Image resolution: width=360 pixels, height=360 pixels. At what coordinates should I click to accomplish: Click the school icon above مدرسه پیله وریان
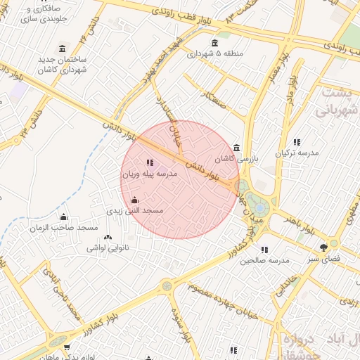point(150,162)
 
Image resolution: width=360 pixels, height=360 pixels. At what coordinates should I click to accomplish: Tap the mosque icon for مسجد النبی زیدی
point(135,200)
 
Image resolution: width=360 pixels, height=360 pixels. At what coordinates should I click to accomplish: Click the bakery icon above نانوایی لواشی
point(108,238)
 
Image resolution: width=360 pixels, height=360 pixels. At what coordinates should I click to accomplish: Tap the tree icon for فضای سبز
point(323,247)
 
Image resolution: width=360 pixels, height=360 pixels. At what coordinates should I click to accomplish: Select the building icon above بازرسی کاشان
point(236,148)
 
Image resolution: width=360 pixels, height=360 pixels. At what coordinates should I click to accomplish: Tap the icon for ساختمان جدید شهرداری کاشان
point(63,49)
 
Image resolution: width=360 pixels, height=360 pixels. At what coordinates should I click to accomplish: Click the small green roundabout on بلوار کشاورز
point(167,285)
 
